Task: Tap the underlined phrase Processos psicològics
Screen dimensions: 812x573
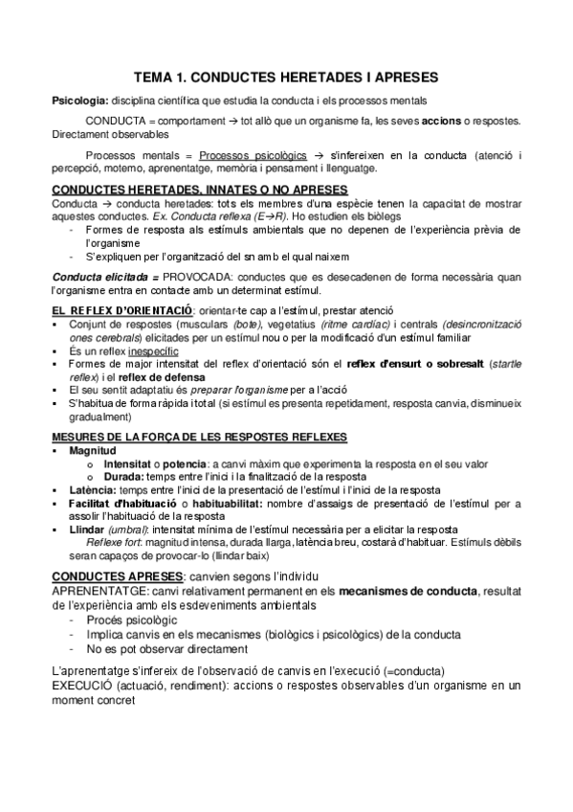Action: (254, 156)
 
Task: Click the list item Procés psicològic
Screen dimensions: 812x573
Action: (130, 620)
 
